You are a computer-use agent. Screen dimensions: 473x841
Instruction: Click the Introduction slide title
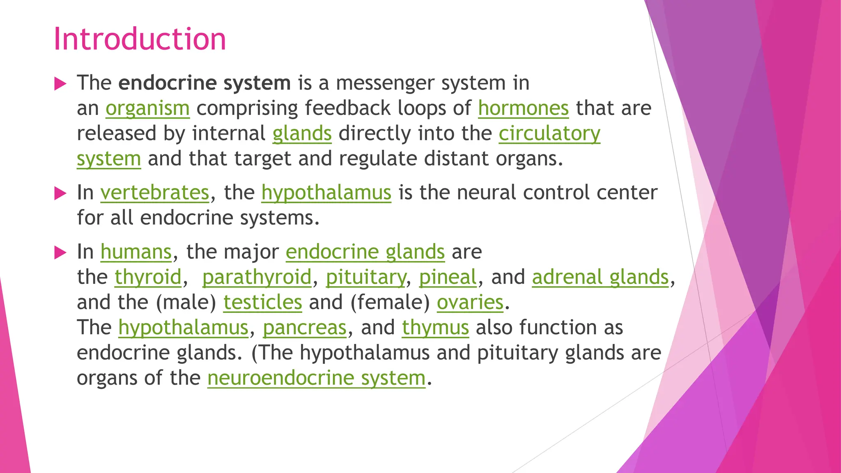coord(140,39)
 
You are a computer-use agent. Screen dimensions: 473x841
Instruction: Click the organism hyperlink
coord(147,108)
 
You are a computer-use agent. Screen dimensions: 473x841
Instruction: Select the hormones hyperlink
coord(523,108)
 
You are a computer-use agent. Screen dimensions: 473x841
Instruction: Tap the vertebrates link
coord(155,193)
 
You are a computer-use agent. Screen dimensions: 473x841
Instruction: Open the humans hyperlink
coord(136,252)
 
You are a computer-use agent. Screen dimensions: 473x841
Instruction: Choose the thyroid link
coord(148,277)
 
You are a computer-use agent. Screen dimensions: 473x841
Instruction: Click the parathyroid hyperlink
coord(257,277)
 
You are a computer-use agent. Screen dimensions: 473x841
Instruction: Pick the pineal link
coord(448,277)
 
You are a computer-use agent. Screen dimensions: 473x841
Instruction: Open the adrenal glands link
coord(600,277)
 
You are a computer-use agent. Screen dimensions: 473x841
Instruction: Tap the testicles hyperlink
coord(262,303)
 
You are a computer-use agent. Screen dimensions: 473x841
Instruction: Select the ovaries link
coord(470,303)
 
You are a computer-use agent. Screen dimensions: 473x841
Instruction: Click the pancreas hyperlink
coord(305,328)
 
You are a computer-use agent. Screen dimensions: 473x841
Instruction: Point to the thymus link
coord(435,328)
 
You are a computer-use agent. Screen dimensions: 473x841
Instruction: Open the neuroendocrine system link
coord(316,378)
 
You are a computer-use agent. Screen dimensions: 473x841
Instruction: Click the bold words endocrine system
coord(205,83)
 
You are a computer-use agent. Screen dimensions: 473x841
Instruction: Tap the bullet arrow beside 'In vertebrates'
coord(60,193)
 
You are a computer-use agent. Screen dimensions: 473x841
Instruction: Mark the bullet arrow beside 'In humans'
coord(60,253)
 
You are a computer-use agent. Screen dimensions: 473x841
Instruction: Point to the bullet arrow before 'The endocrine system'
coord(60,84)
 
